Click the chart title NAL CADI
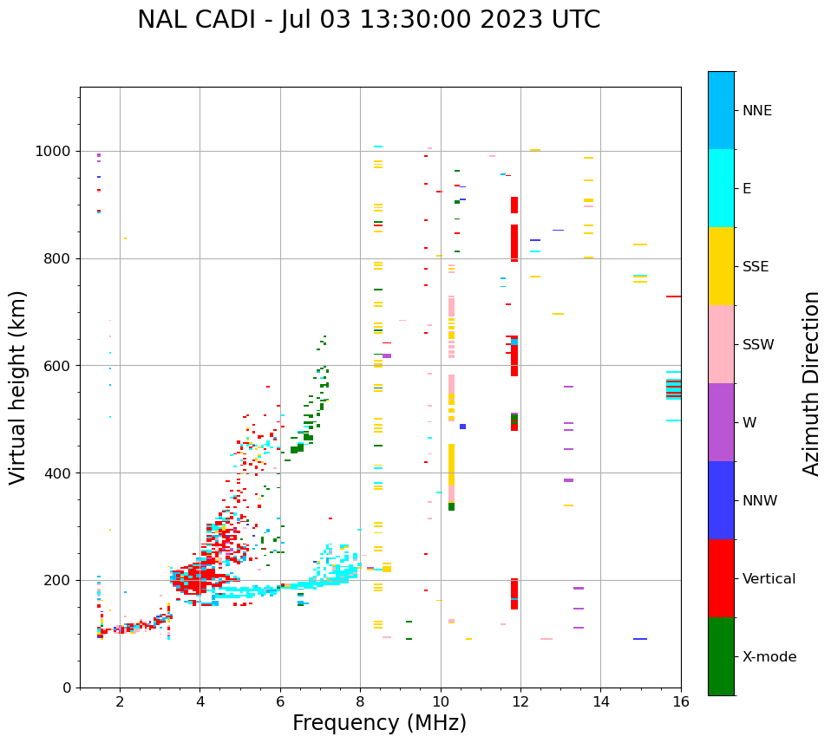point(369,20)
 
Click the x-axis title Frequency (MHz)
point(379,723)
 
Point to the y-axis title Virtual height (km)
point(18,387)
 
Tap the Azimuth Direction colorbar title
point(811,382)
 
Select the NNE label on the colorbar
point(756,111)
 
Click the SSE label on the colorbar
point(755,267)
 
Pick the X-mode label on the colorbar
point(769,657)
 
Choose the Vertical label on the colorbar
point(769,579)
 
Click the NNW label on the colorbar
point(759,501)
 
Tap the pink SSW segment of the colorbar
point(721,344)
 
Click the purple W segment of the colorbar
point(721,422)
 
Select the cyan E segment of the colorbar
point(721,188)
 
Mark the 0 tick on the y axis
point(68,688)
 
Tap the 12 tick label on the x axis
point(520,701)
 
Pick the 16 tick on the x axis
point(681,701)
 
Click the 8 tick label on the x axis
point(360,701)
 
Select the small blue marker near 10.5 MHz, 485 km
point(462,427)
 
